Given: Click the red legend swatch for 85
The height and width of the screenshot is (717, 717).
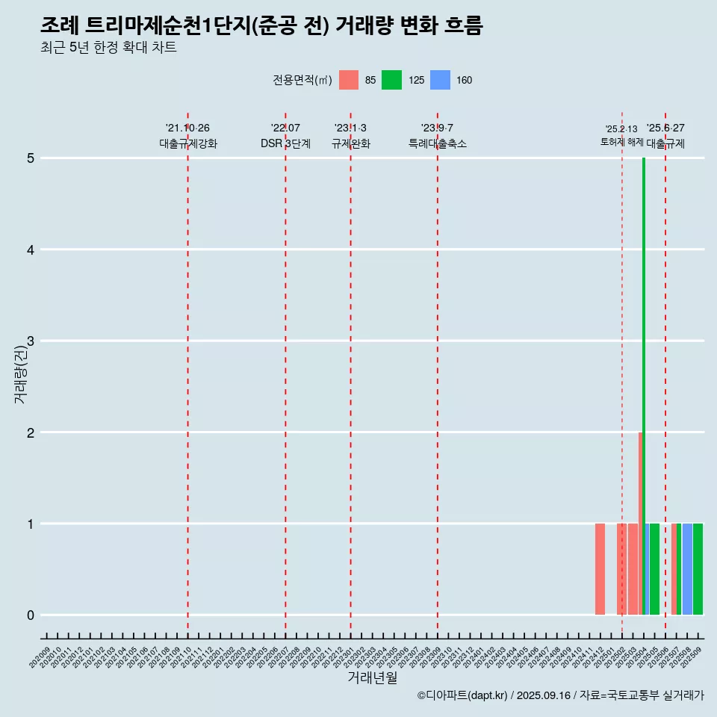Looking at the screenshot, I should (349, 80).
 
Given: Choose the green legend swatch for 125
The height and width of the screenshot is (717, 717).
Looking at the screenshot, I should (391, 80).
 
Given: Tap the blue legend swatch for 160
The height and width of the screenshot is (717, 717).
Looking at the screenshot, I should (441, 80).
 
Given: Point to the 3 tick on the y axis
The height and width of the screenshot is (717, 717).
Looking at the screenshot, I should (31, 341).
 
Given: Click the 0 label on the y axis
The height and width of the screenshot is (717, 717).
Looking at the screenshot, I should (31, 615).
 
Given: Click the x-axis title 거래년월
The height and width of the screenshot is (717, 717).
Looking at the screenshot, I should (372, 678).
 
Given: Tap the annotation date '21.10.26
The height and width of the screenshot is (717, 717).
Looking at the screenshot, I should (187, 128).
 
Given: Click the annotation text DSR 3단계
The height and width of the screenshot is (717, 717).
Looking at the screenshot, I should (285, 144).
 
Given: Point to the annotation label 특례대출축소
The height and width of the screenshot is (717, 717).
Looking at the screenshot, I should (437, 144).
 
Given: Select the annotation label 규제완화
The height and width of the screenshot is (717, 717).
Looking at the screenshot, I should (350, 144).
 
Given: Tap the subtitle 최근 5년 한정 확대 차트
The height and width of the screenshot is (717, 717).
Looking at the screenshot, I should (108, 48).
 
